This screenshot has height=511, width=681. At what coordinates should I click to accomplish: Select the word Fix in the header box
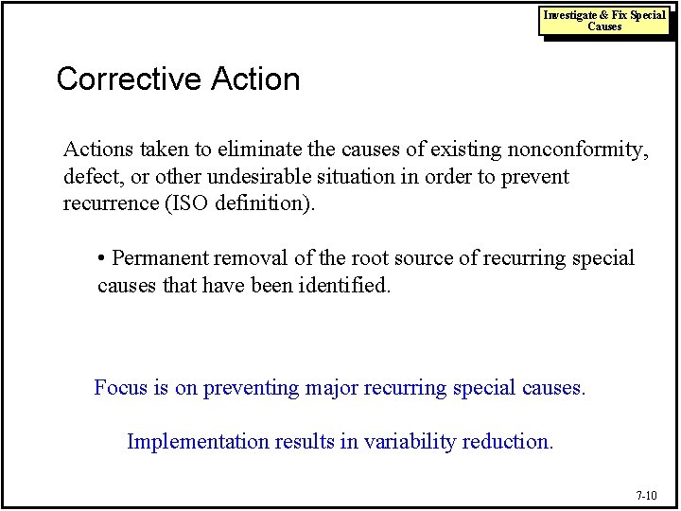(618, 15)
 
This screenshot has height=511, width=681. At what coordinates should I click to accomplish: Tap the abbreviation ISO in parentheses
(190, 204)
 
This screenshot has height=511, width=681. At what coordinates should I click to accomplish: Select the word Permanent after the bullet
(161, 258)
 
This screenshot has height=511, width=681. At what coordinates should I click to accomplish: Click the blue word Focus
(122, 387)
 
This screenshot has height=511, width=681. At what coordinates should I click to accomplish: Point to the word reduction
(506, 441)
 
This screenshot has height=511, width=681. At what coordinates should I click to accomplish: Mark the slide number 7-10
(646, 495)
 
